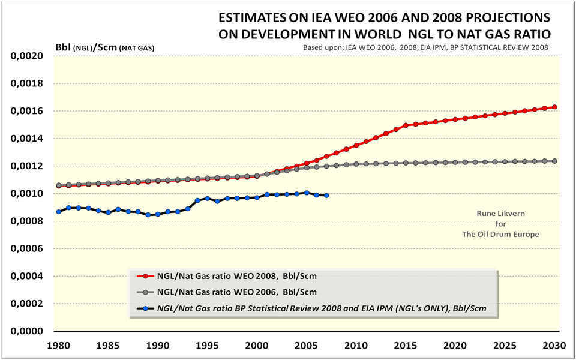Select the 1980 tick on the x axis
pos(59,345)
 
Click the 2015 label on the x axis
pos(407,345)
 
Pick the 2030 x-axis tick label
pos(555,345)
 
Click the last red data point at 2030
pos(554,107)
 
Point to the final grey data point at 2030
pos(554,161)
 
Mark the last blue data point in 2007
pos(326,196)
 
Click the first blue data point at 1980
pos(59,212)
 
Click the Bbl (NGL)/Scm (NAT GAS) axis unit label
pos(105,47)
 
